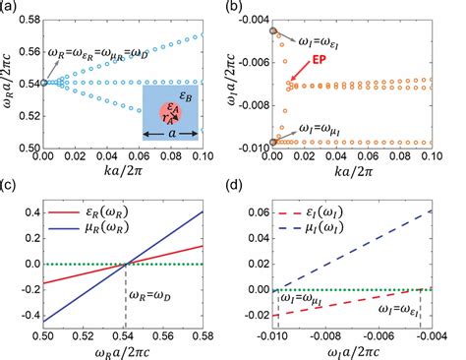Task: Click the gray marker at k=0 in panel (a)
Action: pyautogui.click(x=43, y=82)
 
